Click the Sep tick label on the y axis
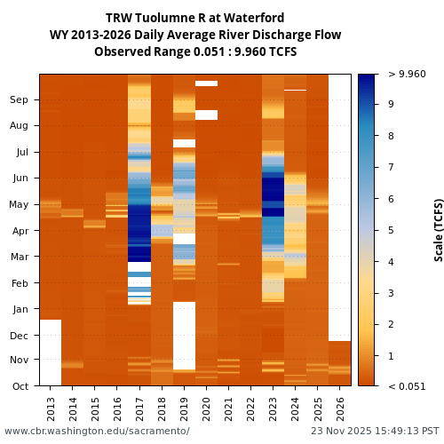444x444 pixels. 19,99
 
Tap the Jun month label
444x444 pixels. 19,178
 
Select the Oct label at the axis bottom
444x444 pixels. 19,385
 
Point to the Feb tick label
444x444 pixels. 19,283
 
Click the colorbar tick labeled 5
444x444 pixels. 391,230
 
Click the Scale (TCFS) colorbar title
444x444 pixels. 438,229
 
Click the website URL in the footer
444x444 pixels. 97,432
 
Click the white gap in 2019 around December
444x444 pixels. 184,336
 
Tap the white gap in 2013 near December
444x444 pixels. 51,352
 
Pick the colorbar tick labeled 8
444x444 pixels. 391,136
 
